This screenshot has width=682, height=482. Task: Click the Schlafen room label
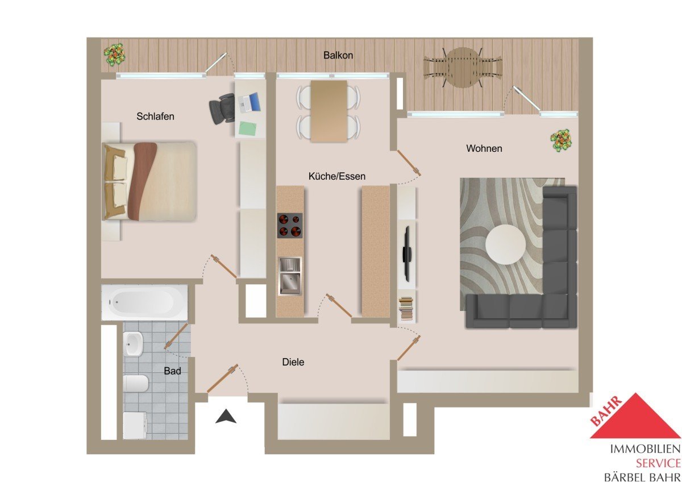pos(155,117)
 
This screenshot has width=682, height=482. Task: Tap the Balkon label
pos(338,55)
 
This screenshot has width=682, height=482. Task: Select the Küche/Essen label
pos(336,176)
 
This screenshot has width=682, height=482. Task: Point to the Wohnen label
pos(484,148)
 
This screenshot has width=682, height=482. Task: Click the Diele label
pos(293,361)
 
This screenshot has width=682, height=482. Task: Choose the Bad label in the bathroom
pos(172,371)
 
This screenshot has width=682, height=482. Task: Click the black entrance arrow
pos(226,416)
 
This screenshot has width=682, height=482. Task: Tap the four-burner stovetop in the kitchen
pos(290,226)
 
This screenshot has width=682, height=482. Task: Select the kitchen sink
pos(290,276)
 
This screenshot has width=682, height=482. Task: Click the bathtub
pos(144,302)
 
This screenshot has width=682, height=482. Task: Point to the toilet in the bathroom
pos(136,383)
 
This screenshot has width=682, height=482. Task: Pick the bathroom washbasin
pos(133,344)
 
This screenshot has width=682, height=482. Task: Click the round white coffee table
pos(505,244)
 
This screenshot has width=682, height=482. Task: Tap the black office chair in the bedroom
pos(222,109)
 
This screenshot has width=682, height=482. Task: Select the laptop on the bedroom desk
pos(249,102)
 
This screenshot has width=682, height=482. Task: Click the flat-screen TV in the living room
pos(407,254)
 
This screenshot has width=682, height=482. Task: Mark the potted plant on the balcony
pos(114,55)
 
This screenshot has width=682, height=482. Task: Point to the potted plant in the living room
pos(561,140)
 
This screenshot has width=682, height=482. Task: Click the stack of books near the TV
pos(407,309)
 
